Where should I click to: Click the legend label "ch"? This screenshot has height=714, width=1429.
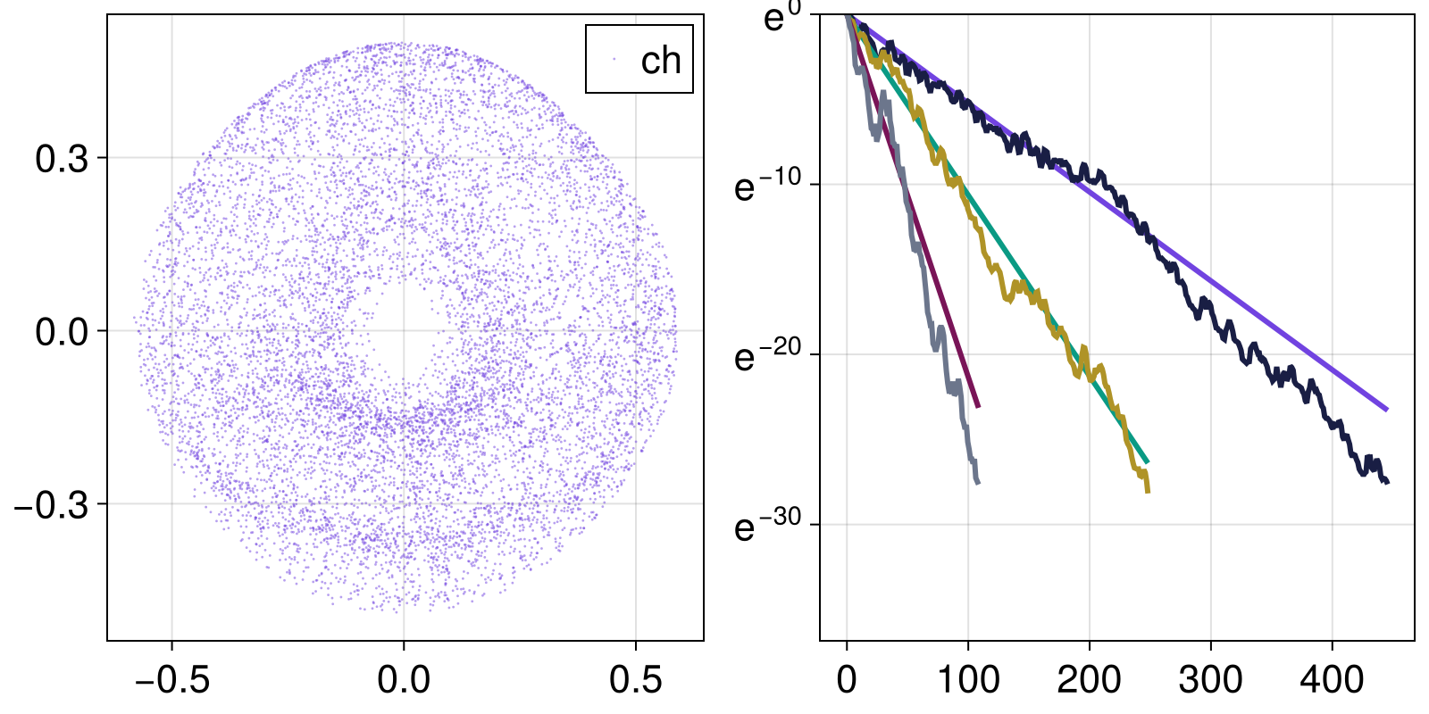tap(661, 61)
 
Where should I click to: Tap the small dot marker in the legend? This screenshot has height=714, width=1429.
tap(614, 60)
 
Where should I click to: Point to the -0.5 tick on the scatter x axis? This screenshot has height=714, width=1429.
tap(172, 680)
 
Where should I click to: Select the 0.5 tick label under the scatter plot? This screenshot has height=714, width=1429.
tap(636, 680)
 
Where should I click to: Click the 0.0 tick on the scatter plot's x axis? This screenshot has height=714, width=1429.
tap(404, 680)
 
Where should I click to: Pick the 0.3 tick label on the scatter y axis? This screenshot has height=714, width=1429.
tap(63, 159)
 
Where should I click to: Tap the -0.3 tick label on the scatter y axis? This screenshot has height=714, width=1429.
tap(52, 505)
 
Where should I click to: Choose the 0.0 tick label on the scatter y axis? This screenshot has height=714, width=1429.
tap(63, 332)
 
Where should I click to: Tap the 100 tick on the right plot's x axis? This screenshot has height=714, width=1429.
tap(968, 680)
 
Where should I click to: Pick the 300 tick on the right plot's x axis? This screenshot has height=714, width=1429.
tap(1210, 680)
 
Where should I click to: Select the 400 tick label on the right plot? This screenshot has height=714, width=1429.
tap(1332, 680)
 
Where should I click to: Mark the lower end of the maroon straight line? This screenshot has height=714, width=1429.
tap(978, 407)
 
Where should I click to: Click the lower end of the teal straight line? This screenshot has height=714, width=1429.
tap(1147, 462)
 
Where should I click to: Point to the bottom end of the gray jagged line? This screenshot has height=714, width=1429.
tap(978, 483)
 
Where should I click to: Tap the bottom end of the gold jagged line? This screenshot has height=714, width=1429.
tap(1148, 491)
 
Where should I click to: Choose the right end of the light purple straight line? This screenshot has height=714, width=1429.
tap(1387, 410)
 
